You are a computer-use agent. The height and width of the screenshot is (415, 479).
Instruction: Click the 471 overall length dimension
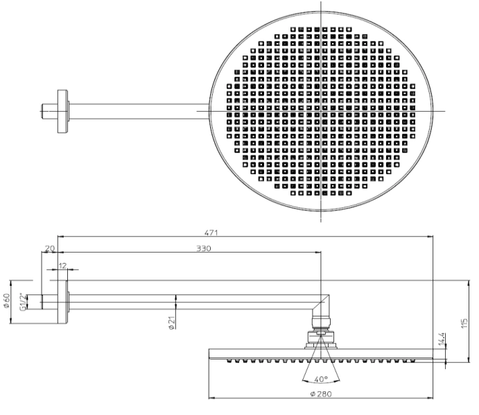pyautogui.click(x=211, y=232)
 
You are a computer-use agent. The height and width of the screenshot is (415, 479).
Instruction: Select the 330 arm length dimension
pyautogui.click(x=203, y=248)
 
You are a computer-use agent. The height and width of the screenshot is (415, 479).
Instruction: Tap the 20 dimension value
pyautogui.click(x=49, y=248)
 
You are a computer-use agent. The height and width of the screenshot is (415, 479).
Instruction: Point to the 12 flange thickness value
pyautogui.click(x=62, y=266)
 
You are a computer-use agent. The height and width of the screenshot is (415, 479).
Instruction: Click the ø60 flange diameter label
pyautogui.click(x=7, y=300)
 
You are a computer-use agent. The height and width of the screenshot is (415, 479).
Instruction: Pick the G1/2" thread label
pyautogui.click(x=23, y=302)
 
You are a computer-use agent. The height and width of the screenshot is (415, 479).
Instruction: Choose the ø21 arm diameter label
pyautogui.click(x=171, y=323)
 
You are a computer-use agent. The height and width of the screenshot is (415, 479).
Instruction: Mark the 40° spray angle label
pyautogui.click(x=321, y=379)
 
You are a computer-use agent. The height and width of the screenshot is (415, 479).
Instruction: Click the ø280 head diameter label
pyautogui.click(x=321, y=394)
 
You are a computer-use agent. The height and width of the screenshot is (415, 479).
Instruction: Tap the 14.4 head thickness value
pyautogui.click(x=442, y=339)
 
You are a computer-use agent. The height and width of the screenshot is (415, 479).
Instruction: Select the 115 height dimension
pyautogui.click(x=464, y=323)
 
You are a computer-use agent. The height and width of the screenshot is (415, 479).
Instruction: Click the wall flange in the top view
pyautogui.click(x=62, y=112)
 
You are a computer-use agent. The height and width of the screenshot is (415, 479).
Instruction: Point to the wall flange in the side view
pyautogui.click(x=62, y=302)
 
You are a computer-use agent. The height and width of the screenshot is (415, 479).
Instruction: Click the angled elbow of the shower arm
pyautogui.click(x=321, y=306)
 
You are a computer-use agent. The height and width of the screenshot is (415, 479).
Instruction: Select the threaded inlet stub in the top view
pyautogui.click(x=49, y=111)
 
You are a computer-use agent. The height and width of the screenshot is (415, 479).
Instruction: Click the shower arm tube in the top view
pyautogui.click(x=139, y=111)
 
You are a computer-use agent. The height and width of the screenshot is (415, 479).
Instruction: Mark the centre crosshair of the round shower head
pyautogui.click(x=321, y=111)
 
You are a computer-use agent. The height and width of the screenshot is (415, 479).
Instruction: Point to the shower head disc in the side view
pyautogui.click(x=321, y=354)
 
